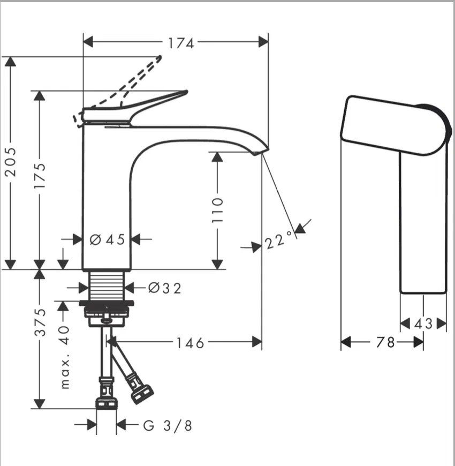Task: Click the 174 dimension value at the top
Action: tap(181, 43)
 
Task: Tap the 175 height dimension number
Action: tap(40, 176)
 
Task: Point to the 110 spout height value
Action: tap(217, 210)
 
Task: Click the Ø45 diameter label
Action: tap(108, 239)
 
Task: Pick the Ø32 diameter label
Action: tap(164, 288)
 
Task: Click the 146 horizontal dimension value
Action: tap(191, 343)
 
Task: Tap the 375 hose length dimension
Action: tap(40, 322)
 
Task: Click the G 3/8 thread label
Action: tap(168, 426)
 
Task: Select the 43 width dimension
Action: tap(423, 324)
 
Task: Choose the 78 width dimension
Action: tap(385, 342)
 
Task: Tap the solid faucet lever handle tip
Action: tap(186, 92)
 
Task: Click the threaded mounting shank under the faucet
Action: tap(107, 285)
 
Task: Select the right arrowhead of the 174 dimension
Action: tap(263, 42)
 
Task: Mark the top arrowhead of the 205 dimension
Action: tap(11, 62)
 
